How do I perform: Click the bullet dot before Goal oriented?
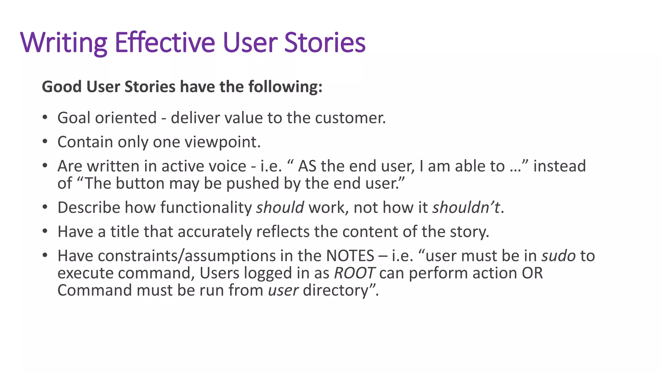(x=45, y=117)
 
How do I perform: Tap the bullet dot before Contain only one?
(x=45, y=141)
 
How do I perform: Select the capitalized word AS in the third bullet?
(x=307, y=166)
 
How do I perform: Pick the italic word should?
(x=280, y=208)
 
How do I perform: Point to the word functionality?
(x=206, y=208)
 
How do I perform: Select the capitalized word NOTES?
(x=350, y=256)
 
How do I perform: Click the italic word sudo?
(x=559, y=256)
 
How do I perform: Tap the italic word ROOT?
(x=354, y=273)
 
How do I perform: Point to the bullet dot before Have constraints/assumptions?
(x=45, y=255)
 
